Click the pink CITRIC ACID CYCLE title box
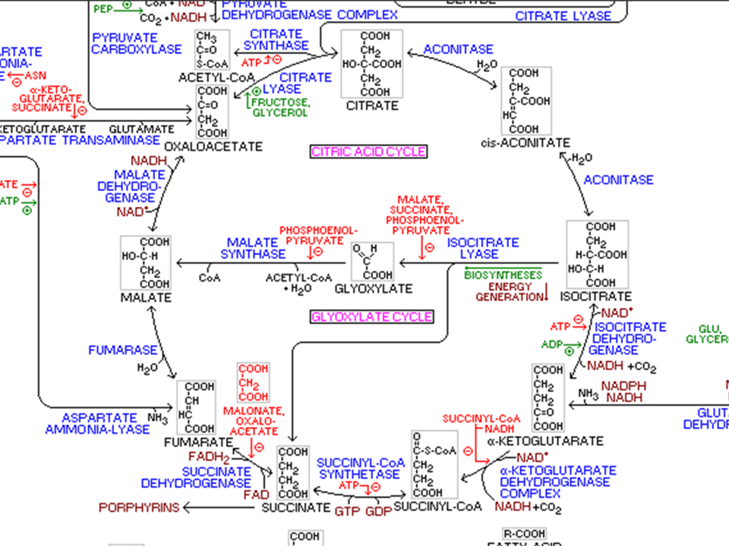(369, 152)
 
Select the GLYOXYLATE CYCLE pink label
(372, 317)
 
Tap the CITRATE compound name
(372, 106)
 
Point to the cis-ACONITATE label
(525, 143)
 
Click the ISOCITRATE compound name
(595, 296)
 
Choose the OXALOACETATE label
(213, 146)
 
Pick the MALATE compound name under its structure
(146, 297)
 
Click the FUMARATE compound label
(199, 442)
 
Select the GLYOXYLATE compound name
(374, 288)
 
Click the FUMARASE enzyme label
(123, 350)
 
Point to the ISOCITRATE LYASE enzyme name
(483, 249)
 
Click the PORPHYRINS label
(139, 507)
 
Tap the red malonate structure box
(254, 382)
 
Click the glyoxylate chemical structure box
(372, 262)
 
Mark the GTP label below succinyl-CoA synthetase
(347, 511)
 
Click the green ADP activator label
(551, 344)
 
